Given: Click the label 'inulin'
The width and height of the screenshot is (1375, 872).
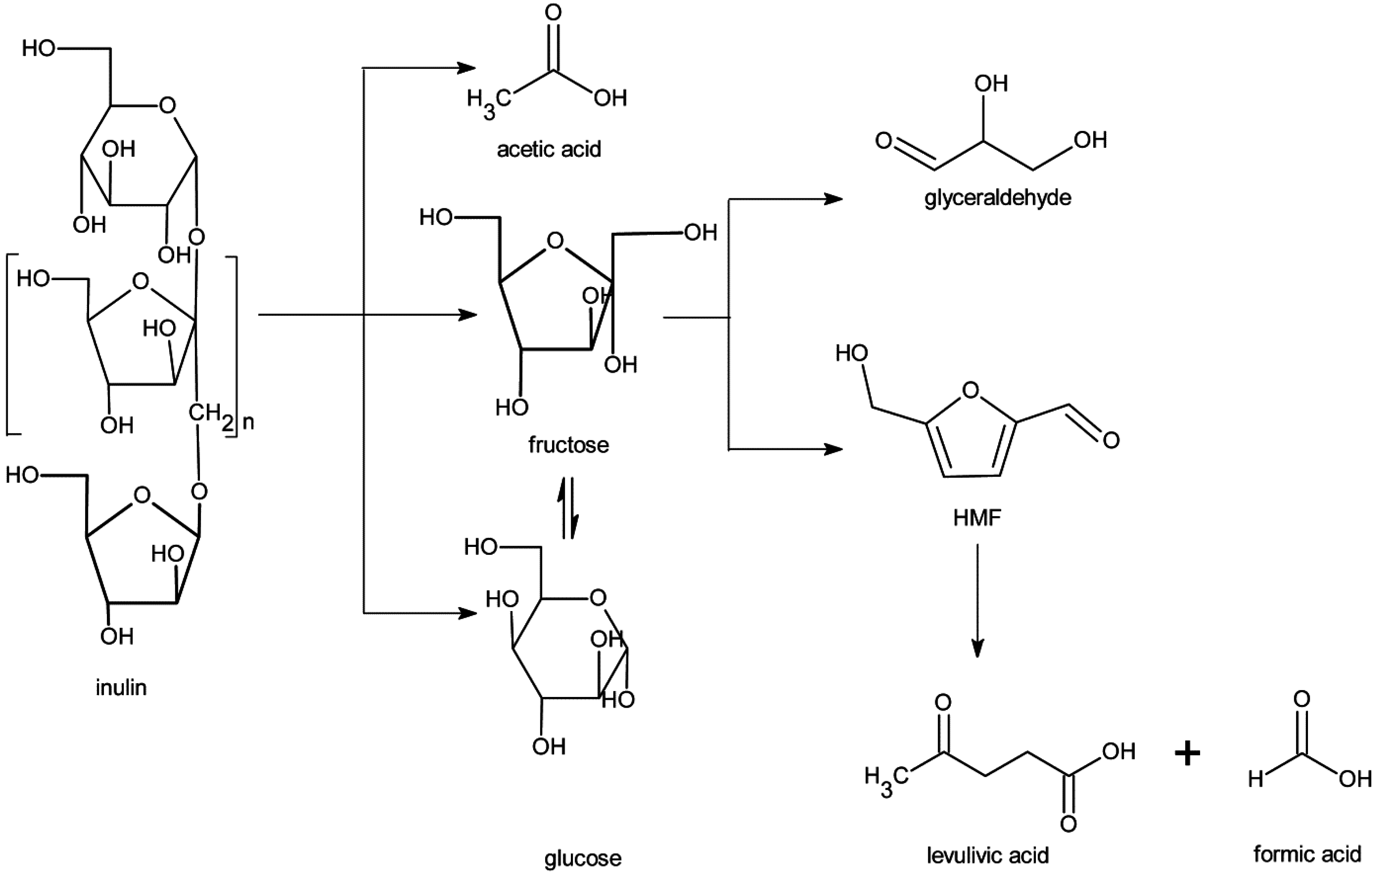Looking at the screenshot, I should pos(121,688).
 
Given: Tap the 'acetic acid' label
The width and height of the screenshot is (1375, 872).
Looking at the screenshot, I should pos(549,149).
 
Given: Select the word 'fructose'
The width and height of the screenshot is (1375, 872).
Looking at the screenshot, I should pos(568,445).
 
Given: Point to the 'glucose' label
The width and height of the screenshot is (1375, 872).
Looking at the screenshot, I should pos(582,858).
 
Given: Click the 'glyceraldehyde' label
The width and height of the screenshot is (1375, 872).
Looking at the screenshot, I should pos(998,198).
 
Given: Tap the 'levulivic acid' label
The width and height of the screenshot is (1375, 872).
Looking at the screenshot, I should pos(987,855).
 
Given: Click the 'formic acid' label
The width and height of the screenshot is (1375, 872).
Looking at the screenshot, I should pos(1307,854).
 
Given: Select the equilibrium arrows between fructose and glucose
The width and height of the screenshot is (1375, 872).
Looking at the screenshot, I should pos(571,508).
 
